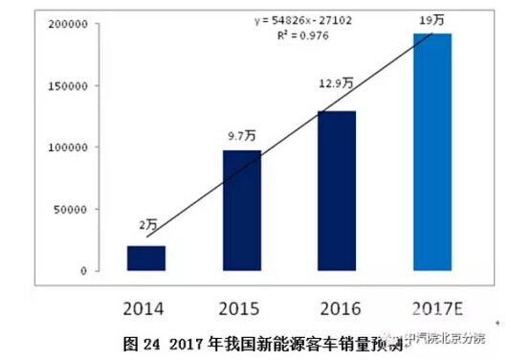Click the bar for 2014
(x=146, y=259)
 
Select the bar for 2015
(x=241, y=211)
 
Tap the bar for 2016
(x=336, y=191)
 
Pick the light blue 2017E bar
(x=431, y=152)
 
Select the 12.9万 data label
(x=335, y=83)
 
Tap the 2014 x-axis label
(x=146, y=309)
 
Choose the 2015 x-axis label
(x=241, y=309)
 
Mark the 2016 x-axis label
(x=336, y=309)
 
